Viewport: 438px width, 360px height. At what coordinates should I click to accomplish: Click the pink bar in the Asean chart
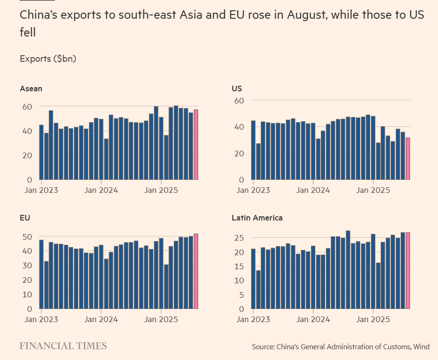pos(196,145)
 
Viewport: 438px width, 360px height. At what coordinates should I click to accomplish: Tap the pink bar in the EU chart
pos(196,271)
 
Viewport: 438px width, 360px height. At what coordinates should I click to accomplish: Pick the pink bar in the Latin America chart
pos(408,271)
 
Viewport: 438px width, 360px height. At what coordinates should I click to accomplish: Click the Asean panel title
pos(31,88)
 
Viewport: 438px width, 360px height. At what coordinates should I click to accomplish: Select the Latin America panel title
pos(257,218)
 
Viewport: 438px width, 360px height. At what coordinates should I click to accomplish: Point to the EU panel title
pos(25,218)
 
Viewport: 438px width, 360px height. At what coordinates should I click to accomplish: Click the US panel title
pos(237,88)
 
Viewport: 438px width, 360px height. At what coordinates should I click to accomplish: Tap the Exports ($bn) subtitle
pos(48,59)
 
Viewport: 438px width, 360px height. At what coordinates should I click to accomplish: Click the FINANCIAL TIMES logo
pos(63,346)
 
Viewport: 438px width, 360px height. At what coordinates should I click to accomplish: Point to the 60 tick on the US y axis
pos(239,100)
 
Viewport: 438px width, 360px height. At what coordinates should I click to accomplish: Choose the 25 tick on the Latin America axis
pos(239,238)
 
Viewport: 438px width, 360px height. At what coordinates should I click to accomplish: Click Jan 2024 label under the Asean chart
pos(101,191)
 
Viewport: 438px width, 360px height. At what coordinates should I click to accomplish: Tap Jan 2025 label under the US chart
pos(373,191)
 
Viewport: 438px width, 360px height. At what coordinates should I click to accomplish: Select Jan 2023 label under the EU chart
pos(41,320)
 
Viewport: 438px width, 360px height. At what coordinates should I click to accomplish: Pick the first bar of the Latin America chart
pos(253,279)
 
